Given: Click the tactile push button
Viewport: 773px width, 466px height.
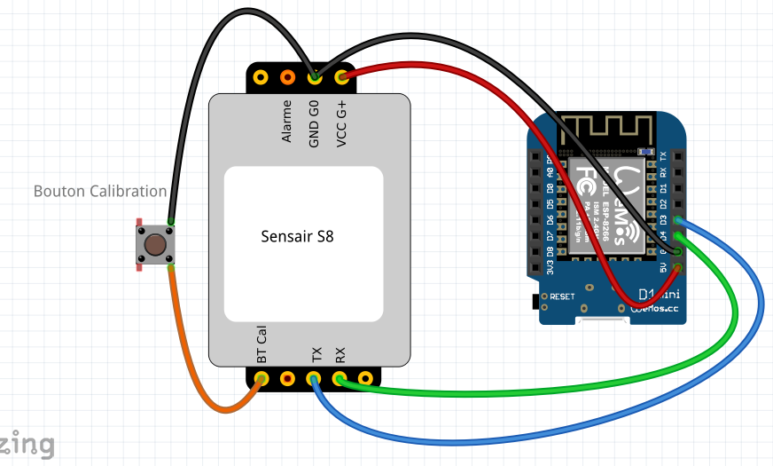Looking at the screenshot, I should tap(154, 244).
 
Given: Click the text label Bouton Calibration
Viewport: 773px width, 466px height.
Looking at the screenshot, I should tap(99, 191).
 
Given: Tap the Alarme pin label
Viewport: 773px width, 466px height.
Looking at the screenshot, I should tap(287, 125).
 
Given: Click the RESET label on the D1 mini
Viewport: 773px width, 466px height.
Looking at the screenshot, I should tap(563, 296).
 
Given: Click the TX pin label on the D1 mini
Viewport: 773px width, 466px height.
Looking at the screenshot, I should tap(664, 155).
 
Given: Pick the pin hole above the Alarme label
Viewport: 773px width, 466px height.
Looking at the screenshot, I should tap(287, 78).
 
